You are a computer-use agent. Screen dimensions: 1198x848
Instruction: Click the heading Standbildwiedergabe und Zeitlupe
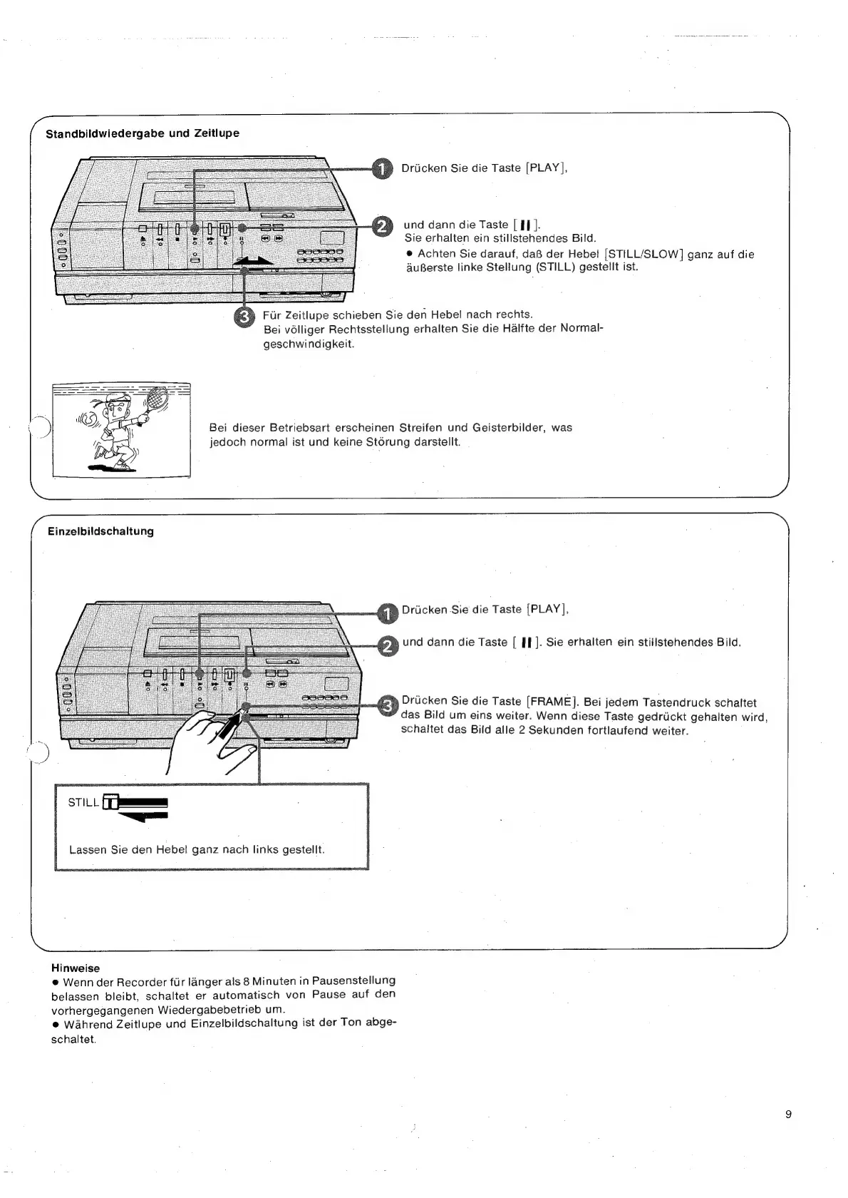(x=143, y=133)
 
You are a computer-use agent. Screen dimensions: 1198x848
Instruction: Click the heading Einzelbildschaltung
(x=100, y=531)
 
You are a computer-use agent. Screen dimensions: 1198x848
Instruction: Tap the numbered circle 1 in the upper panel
(x=383, y=168)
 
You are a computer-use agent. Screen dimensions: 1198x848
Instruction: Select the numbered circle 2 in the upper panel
(x=383, y=227)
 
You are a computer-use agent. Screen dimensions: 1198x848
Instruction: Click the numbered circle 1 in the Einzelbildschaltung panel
(x=386, y=611)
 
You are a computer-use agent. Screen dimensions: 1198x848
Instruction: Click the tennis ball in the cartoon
(x=91, y=419)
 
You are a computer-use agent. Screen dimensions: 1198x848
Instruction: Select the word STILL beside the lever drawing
(x=83, y=802)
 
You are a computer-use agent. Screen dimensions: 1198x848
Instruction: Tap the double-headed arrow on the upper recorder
(x=254, y=262)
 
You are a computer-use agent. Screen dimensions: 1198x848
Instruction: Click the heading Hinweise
(x=76, y=968)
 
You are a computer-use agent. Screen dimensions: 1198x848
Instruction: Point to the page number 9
(x=787, y=1115)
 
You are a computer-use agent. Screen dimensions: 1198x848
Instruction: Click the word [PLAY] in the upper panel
(x=545, y=168)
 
